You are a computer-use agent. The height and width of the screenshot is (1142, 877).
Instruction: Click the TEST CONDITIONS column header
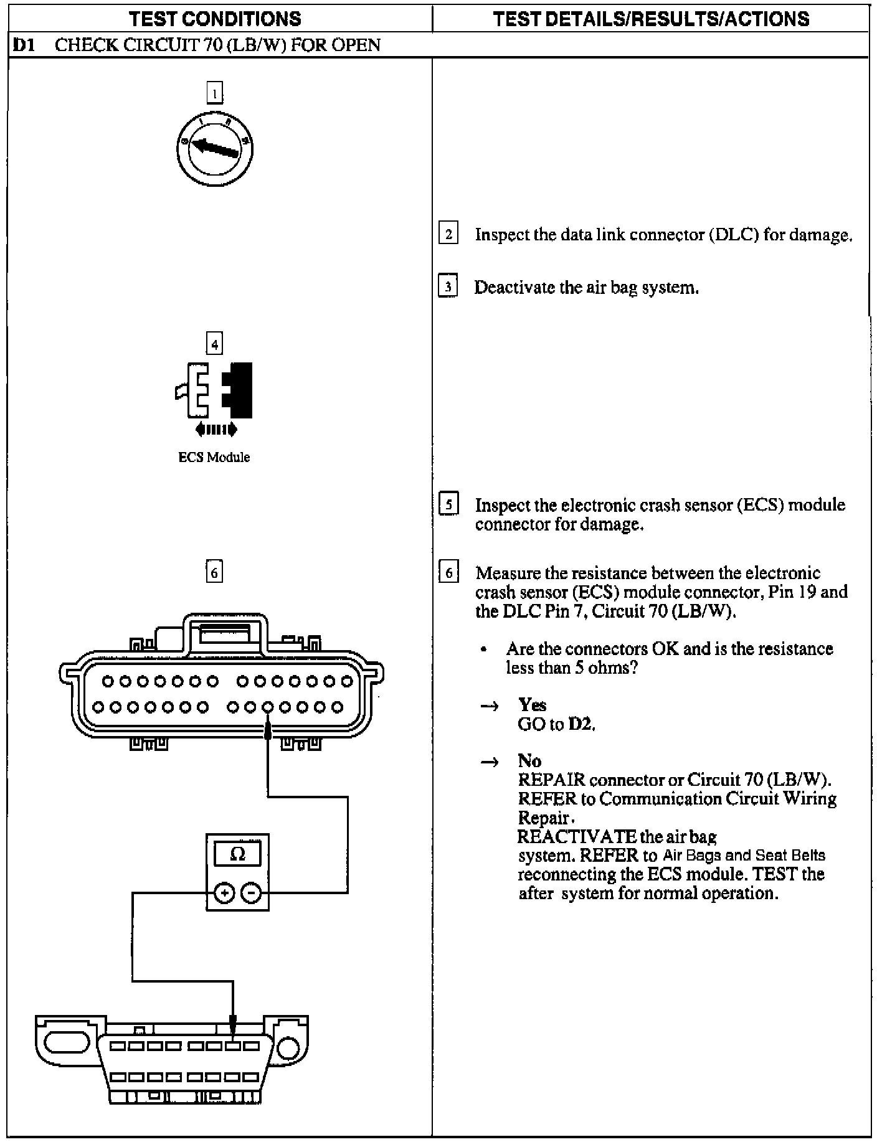(216, 19)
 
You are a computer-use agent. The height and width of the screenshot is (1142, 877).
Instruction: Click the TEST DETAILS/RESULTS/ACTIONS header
(651, 19)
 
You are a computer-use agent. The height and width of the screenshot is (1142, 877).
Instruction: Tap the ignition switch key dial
(214, 148)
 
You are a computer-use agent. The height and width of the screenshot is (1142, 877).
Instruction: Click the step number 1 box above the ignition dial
(214, 93)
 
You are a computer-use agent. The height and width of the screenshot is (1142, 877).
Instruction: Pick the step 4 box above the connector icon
(214, 344)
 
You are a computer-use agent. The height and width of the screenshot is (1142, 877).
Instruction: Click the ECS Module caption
(214, 458)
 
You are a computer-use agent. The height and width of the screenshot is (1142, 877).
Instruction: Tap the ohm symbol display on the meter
(237, 854)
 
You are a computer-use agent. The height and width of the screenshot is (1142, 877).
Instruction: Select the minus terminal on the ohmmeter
(251, 893)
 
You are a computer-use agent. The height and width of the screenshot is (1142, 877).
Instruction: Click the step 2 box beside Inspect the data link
(448, 235)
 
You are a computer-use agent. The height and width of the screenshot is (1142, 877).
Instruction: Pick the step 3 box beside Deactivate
(448, 287)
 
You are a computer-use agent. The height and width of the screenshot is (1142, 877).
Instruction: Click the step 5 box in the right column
(448, 504)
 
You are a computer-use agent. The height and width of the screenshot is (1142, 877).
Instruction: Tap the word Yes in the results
(532, 705)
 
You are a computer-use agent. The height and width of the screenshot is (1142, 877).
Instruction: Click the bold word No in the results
(529, 761)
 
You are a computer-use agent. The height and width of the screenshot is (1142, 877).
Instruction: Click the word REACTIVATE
(577, 836)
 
